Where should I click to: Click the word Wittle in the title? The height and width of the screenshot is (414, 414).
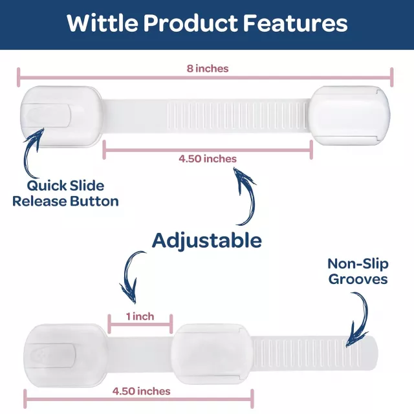coord(102,23)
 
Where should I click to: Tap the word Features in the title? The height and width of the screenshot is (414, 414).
coord(295,23)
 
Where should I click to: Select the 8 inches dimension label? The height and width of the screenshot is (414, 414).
coord(208,69)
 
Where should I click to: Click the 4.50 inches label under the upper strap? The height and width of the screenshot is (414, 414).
coord(208,158)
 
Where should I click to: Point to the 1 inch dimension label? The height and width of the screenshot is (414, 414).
coord(140,316)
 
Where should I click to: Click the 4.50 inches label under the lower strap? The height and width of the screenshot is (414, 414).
coord(141,391)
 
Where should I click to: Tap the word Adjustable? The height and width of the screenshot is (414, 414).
coord(207,241)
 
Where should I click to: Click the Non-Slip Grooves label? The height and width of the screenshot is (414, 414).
coord(358,272)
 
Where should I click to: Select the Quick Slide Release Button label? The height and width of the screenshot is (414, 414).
coord(65,193)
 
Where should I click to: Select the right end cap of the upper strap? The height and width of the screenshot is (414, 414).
coord(349,116)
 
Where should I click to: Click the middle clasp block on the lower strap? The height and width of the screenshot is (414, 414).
coord(212,354)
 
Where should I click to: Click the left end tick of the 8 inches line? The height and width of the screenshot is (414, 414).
coord(18,77)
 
